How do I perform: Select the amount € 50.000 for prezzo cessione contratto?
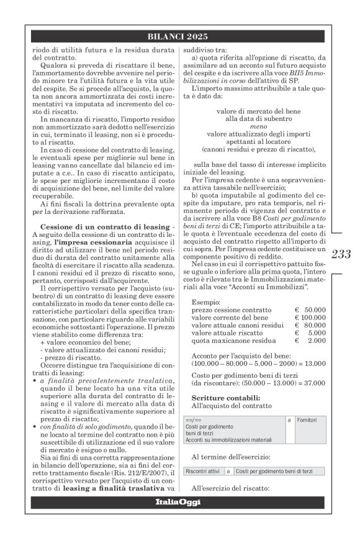coord(310,309)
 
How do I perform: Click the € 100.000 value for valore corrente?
coord(310,317)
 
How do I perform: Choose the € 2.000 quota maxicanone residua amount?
coord(310,340)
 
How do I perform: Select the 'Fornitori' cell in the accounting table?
coord(308,421)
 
